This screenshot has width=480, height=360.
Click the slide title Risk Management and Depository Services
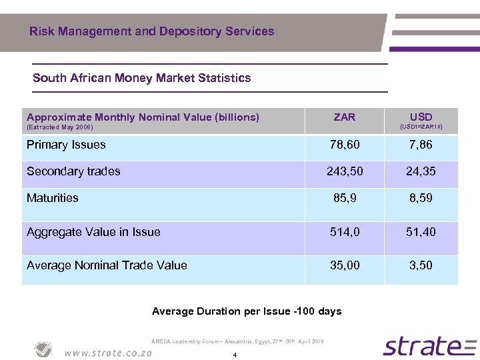tap(151, 31)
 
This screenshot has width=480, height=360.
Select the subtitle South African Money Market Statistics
tap(141, 78)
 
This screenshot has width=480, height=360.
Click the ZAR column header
tap(344, 117)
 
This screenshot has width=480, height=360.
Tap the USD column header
tap(421, 117)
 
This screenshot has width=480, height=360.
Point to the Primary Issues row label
tap(66, 145)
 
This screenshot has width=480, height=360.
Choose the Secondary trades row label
tap(73, 171)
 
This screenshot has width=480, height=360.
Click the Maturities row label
tap(52, 198)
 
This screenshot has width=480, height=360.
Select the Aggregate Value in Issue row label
tap(93, 232)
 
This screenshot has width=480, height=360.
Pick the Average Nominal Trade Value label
tap(107, 265)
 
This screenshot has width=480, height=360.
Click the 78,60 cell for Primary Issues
tap(345, 145)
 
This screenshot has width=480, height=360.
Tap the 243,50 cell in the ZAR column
tap(345, 172)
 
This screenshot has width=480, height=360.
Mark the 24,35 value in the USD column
tap(421, 172)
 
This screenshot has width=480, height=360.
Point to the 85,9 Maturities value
tap(345, 199)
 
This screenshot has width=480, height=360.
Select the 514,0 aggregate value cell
tap(345, 233)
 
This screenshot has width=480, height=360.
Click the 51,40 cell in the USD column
tap(421, 233)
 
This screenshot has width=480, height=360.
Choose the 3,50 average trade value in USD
tap(421, 265)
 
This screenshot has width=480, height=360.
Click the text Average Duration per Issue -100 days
tap(247, 311)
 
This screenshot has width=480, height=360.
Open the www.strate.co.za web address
tap(108, 352)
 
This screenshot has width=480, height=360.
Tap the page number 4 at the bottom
tap(235, 355)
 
